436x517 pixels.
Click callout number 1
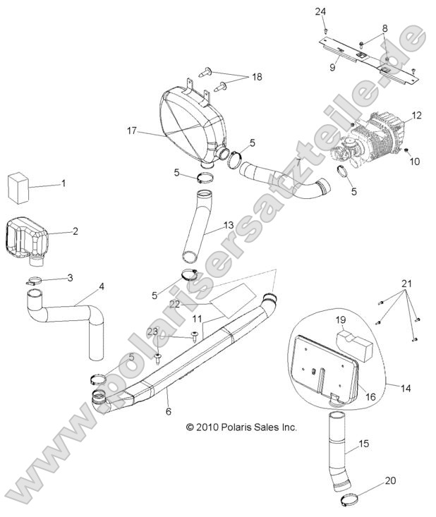pyautogui.click(x=63, y=184)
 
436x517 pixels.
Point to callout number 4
pyautogui.click(x=102, y=286)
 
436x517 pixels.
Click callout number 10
pyautogui.click(x=415, y=161)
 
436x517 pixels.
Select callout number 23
pyautogui.click(x=152, y=330)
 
